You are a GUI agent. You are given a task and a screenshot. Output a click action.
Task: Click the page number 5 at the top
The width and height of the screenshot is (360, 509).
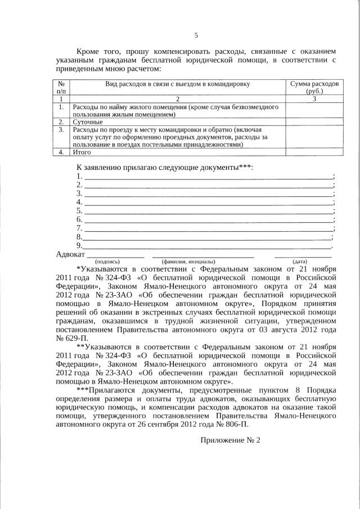[x=196, y=35]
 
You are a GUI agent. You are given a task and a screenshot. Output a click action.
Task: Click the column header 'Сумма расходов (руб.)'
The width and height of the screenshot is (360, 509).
[x=314, y=87]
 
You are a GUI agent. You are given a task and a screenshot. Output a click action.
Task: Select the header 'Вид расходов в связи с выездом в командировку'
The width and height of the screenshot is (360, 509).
[x=178, y=84]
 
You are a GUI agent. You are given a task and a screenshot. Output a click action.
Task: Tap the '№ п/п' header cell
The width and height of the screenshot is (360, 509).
[x=61, y=87]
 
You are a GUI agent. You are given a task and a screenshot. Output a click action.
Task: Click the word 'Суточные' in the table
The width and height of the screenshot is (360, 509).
[x=88, y=121]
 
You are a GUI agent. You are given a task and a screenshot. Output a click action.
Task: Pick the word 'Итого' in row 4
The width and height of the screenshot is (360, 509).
[x=83, y=152]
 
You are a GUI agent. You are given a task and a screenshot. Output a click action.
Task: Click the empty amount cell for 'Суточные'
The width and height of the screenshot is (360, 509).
[x=314, y=121]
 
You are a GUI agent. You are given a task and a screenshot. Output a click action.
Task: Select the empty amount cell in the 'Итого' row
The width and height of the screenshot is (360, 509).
[x=314, y=152]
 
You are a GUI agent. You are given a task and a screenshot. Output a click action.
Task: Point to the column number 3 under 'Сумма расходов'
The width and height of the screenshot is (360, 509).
[x=314, y=98]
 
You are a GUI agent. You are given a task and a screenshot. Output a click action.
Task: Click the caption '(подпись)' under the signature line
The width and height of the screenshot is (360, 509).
[x=107, y=262]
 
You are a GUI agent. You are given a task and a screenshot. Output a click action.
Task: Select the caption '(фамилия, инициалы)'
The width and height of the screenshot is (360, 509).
[x=188, y=262]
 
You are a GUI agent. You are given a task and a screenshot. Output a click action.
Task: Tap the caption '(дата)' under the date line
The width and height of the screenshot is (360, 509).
[x=299, y=262]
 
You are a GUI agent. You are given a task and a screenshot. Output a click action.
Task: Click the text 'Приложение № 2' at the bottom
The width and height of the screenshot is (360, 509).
[x=231, y=440]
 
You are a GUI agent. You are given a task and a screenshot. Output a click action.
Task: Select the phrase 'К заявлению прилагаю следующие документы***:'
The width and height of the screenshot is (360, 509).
[x=165, y=168]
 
